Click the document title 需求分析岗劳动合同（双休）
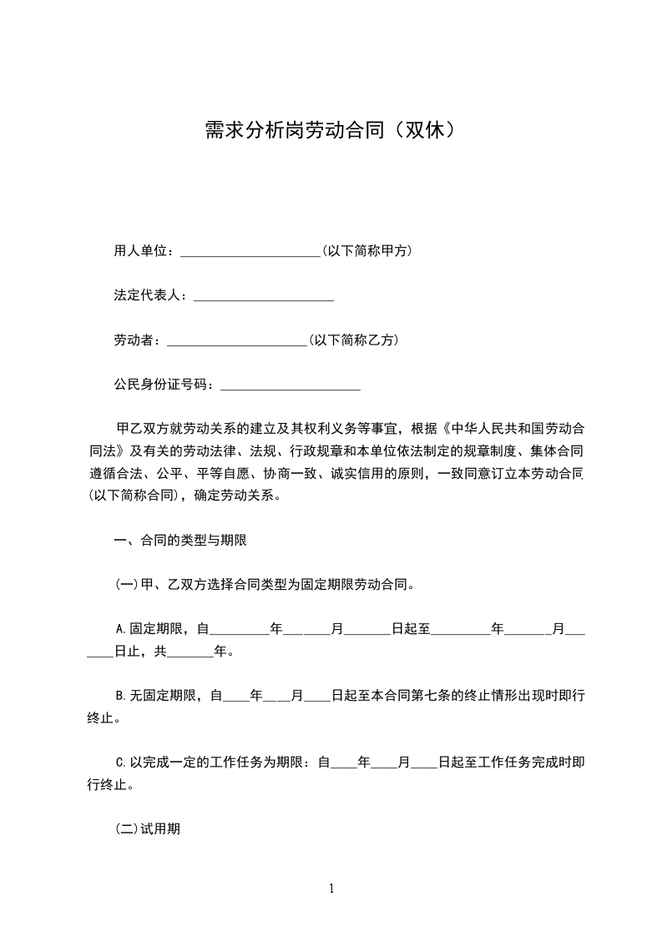click(x=331, y=130)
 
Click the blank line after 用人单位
click(x=250, y=251)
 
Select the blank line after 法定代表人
click(x=264, y=296)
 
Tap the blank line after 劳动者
click(x=237, y=340)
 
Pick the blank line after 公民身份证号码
click(x=289, y=385)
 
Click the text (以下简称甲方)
click(x=366, y=251)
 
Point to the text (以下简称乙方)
click(x=353, y=340)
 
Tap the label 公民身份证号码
click(x=162, y=385)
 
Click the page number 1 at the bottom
click(x=331, y=888)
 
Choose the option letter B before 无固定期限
click(x=119, y=695)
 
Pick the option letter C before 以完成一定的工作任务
click(x=119, y=762)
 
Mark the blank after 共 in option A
click(x=190, y=651)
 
